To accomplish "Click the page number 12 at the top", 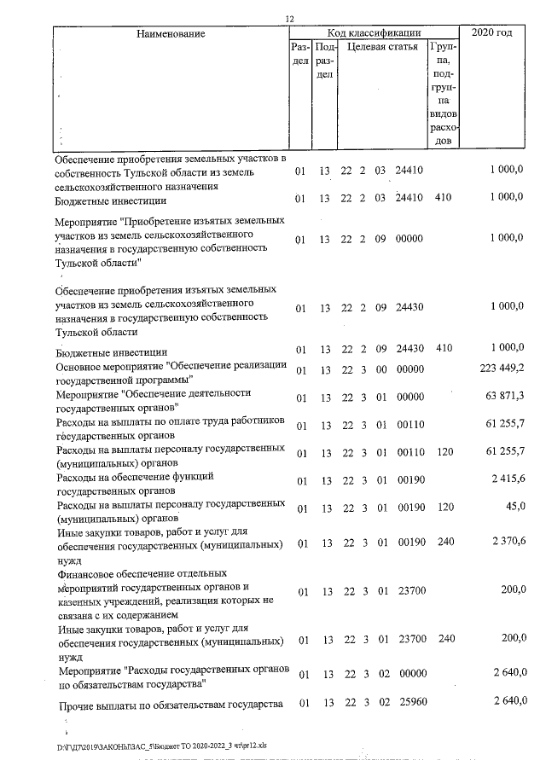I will click(x=289, y=19).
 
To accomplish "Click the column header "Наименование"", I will click(x=171, y=33).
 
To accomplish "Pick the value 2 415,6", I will click(x=508, y=481).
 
